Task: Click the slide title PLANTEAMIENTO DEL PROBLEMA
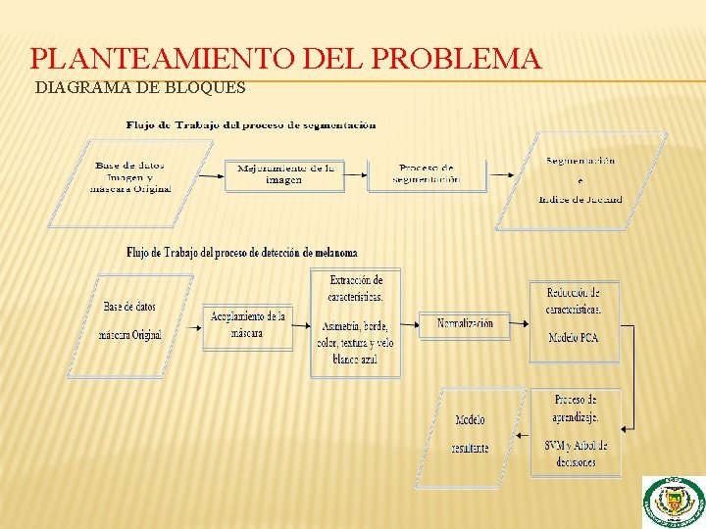coord(285,59)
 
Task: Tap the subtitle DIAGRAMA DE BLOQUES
coord(140,88)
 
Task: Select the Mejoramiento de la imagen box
coord(285,174)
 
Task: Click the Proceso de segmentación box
coord(427,173)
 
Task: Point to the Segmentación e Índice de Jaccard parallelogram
coord(580,180)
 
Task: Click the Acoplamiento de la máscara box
coord(247,326)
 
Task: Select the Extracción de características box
coord(355,321)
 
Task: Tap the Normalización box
coord(465,324)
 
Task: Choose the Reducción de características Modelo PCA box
coord(575,321)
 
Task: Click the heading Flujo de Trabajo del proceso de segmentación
coord(251,125)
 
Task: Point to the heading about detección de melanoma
coord(241,253)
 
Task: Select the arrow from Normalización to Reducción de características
coord(520,324)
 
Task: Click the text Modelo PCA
coord(575,339)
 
